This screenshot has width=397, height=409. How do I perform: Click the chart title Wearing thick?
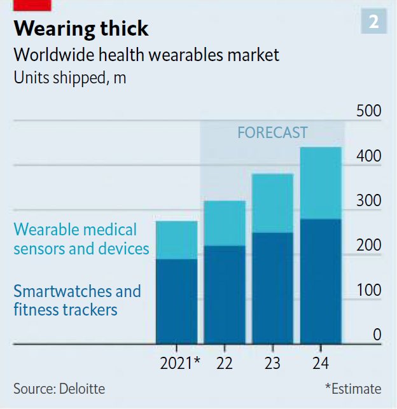81,29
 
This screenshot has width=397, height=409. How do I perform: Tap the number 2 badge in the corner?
373,22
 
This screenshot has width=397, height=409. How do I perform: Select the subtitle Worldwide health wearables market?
146,55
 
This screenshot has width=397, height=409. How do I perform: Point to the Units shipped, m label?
70,78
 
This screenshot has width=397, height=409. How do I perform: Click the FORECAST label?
272,132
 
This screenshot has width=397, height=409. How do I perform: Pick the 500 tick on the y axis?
368,111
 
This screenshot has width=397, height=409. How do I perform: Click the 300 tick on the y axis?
368,200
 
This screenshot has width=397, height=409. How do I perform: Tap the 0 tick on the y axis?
377,335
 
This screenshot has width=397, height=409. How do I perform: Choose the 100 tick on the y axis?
368,290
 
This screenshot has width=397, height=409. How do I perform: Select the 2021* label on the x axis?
180,364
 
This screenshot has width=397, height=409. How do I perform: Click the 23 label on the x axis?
272,364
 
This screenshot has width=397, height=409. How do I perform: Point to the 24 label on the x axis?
321,364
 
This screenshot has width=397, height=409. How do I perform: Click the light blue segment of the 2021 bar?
176,240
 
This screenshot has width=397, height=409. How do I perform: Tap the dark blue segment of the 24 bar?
321,281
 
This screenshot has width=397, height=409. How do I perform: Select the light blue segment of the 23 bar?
272,203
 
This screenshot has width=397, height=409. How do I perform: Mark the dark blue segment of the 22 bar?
224,295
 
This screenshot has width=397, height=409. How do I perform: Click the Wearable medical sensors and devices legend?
81,239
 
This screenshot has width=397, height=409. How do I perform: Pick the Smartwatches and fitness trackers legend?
77,301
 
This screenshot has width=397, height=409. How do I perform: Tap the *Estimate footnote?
353,388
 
